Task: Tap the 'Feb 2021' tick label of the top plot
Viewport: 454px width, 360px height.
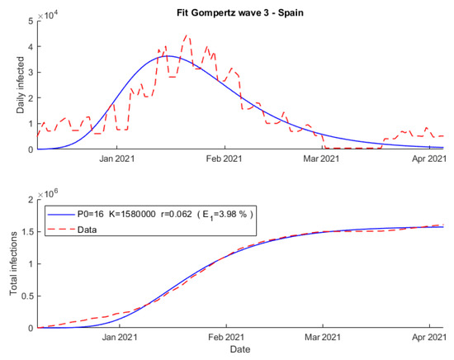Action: pos(225,159)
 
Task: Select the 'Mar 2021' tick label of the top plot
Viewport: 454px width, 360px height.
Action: pos(321,159)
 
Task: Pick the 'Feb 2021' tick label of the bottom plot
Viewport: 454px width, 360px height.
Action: pos(225,338)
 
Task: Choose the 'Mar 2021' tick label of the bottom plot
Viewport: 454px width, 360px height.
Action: pos(321,338)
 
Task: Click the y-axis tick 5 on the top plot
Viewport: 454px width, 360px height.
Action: pos(31,21)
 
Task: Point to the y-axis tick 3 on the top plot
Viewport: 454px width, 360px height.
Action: pos(31,72)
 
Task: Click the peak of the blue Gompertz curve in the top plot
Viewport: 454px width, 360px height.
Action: pos(167,56)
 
